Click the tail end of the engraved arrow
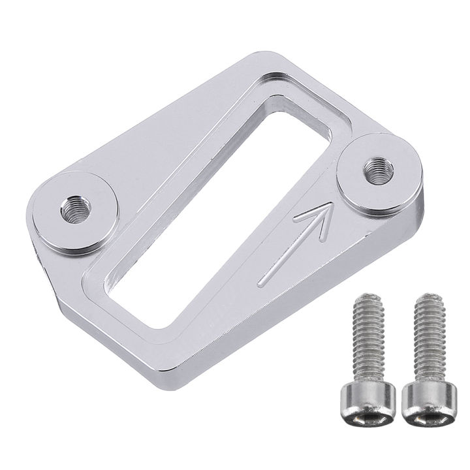coord(260,284)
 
